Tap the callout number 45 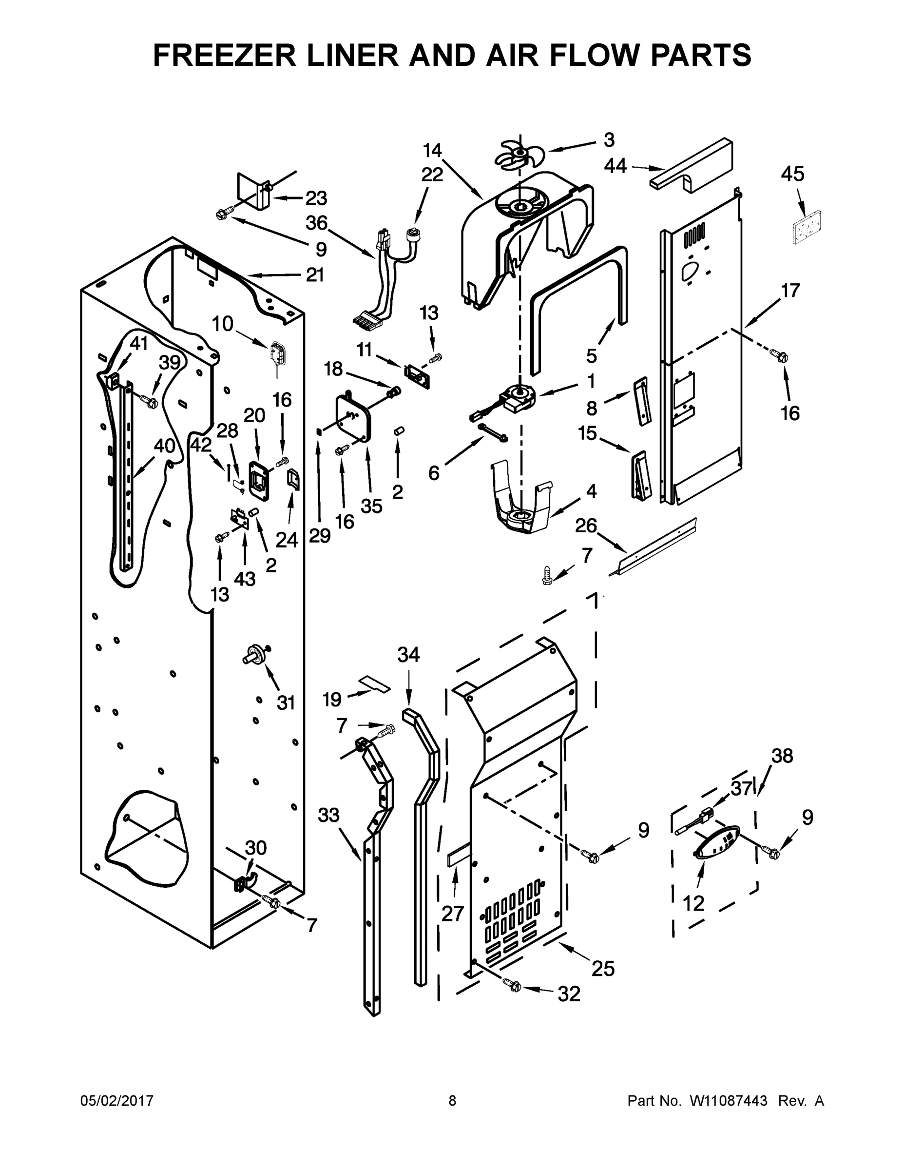pos(792,174)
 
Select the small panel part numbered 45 pos(807,227)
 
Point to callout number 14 pos(432,151)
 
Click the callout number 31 pos(286,702)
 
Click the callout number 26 pos(586,526)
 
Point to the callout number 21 pos(315,275)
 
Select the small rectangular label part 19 pos(375,683)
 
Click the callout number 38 pos(782,756)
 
